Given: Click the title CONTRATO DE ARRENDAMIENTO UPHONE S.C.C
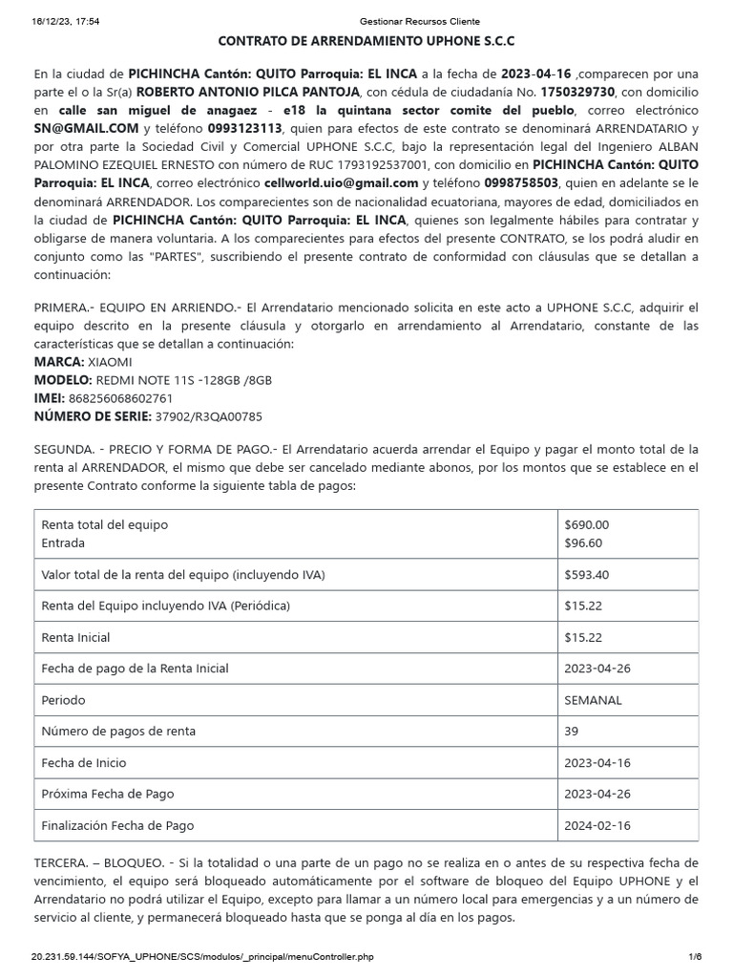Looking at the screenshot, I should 366,42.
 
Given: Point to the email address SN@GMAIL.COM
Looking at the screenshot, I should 73,128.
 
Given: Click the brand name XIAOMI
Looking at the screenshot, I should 111,362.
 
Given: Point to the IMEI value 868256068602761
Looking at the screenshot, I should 121,398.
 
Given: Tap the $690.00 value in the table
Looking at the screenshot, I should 586,524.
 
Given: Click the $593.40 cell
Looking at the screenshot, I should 586,575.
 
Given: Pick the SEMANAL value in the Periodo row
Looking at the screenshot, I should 593,700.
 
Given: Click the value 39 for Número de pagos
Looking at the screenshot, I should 572,732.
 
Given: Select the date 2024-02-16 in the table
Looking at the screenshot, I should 597,825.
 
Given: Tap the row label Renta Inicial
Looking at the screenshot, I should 75,637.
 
